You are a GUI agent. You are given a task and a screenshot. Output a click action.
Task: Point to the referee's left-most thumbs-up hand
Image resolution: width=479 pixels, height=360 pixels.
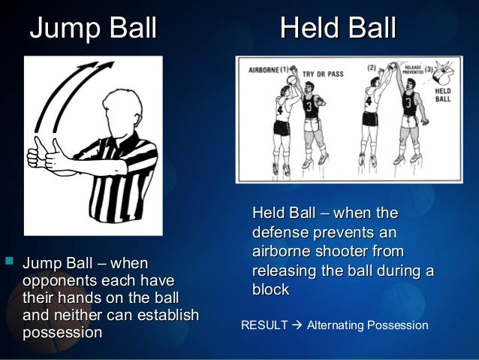(34, 154)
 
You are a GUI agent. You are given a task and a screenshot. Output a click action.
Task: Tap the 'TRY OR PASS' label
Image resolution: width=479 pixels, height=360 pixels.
(318, 74)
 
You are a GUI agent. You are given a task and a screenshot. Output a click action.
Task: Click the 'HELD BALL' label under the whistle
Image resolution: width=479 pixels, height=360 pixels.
(444, 95)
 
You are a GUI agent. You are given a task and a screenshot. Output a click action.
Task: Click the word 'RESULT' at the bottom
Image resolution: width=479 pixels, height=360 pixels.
(264, 325)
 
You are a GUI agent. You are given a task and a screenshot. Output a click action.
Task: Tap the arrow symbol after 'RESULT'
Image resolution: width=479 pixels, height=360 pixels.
(297, 325)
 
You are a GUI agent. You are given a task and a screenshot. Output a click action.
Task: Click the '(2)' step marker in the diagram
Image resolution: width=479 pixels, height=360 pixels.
(372, 68)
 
